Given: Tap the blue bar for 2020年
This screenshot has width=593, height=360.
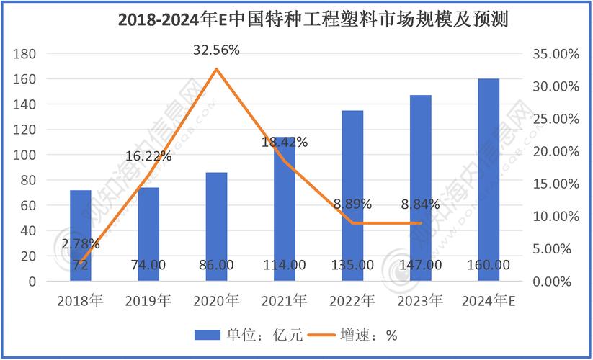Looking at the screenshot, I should [217, 227].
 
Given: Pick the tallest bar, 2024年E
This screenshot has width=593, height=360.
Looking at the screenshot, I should [489, 180].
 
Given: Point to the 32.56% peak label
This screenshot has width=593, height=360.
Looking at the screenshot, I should [216, 50].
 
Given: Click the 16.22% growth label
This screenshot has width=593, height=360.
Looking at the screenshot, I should [148, 156].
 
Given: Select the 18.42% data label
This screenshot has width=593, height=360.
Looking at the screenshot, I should [284, 143].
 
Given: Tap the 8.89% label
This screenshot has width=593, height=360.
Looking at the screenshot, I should [352, 204].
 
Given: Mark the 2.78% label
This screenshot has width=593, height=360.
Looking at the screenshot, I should [80, 244].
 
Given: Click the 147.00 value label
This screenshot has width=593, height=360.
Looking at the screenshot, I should [421, 265].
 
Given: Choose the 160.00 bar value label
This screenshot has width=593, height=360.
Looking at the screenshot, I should [489, 265].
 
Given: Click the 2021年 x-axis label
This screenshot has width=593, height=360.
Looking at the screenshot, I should [284, 300].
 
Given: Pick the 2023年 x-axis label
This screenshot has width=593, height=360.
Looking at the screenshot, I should [421, 300].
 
